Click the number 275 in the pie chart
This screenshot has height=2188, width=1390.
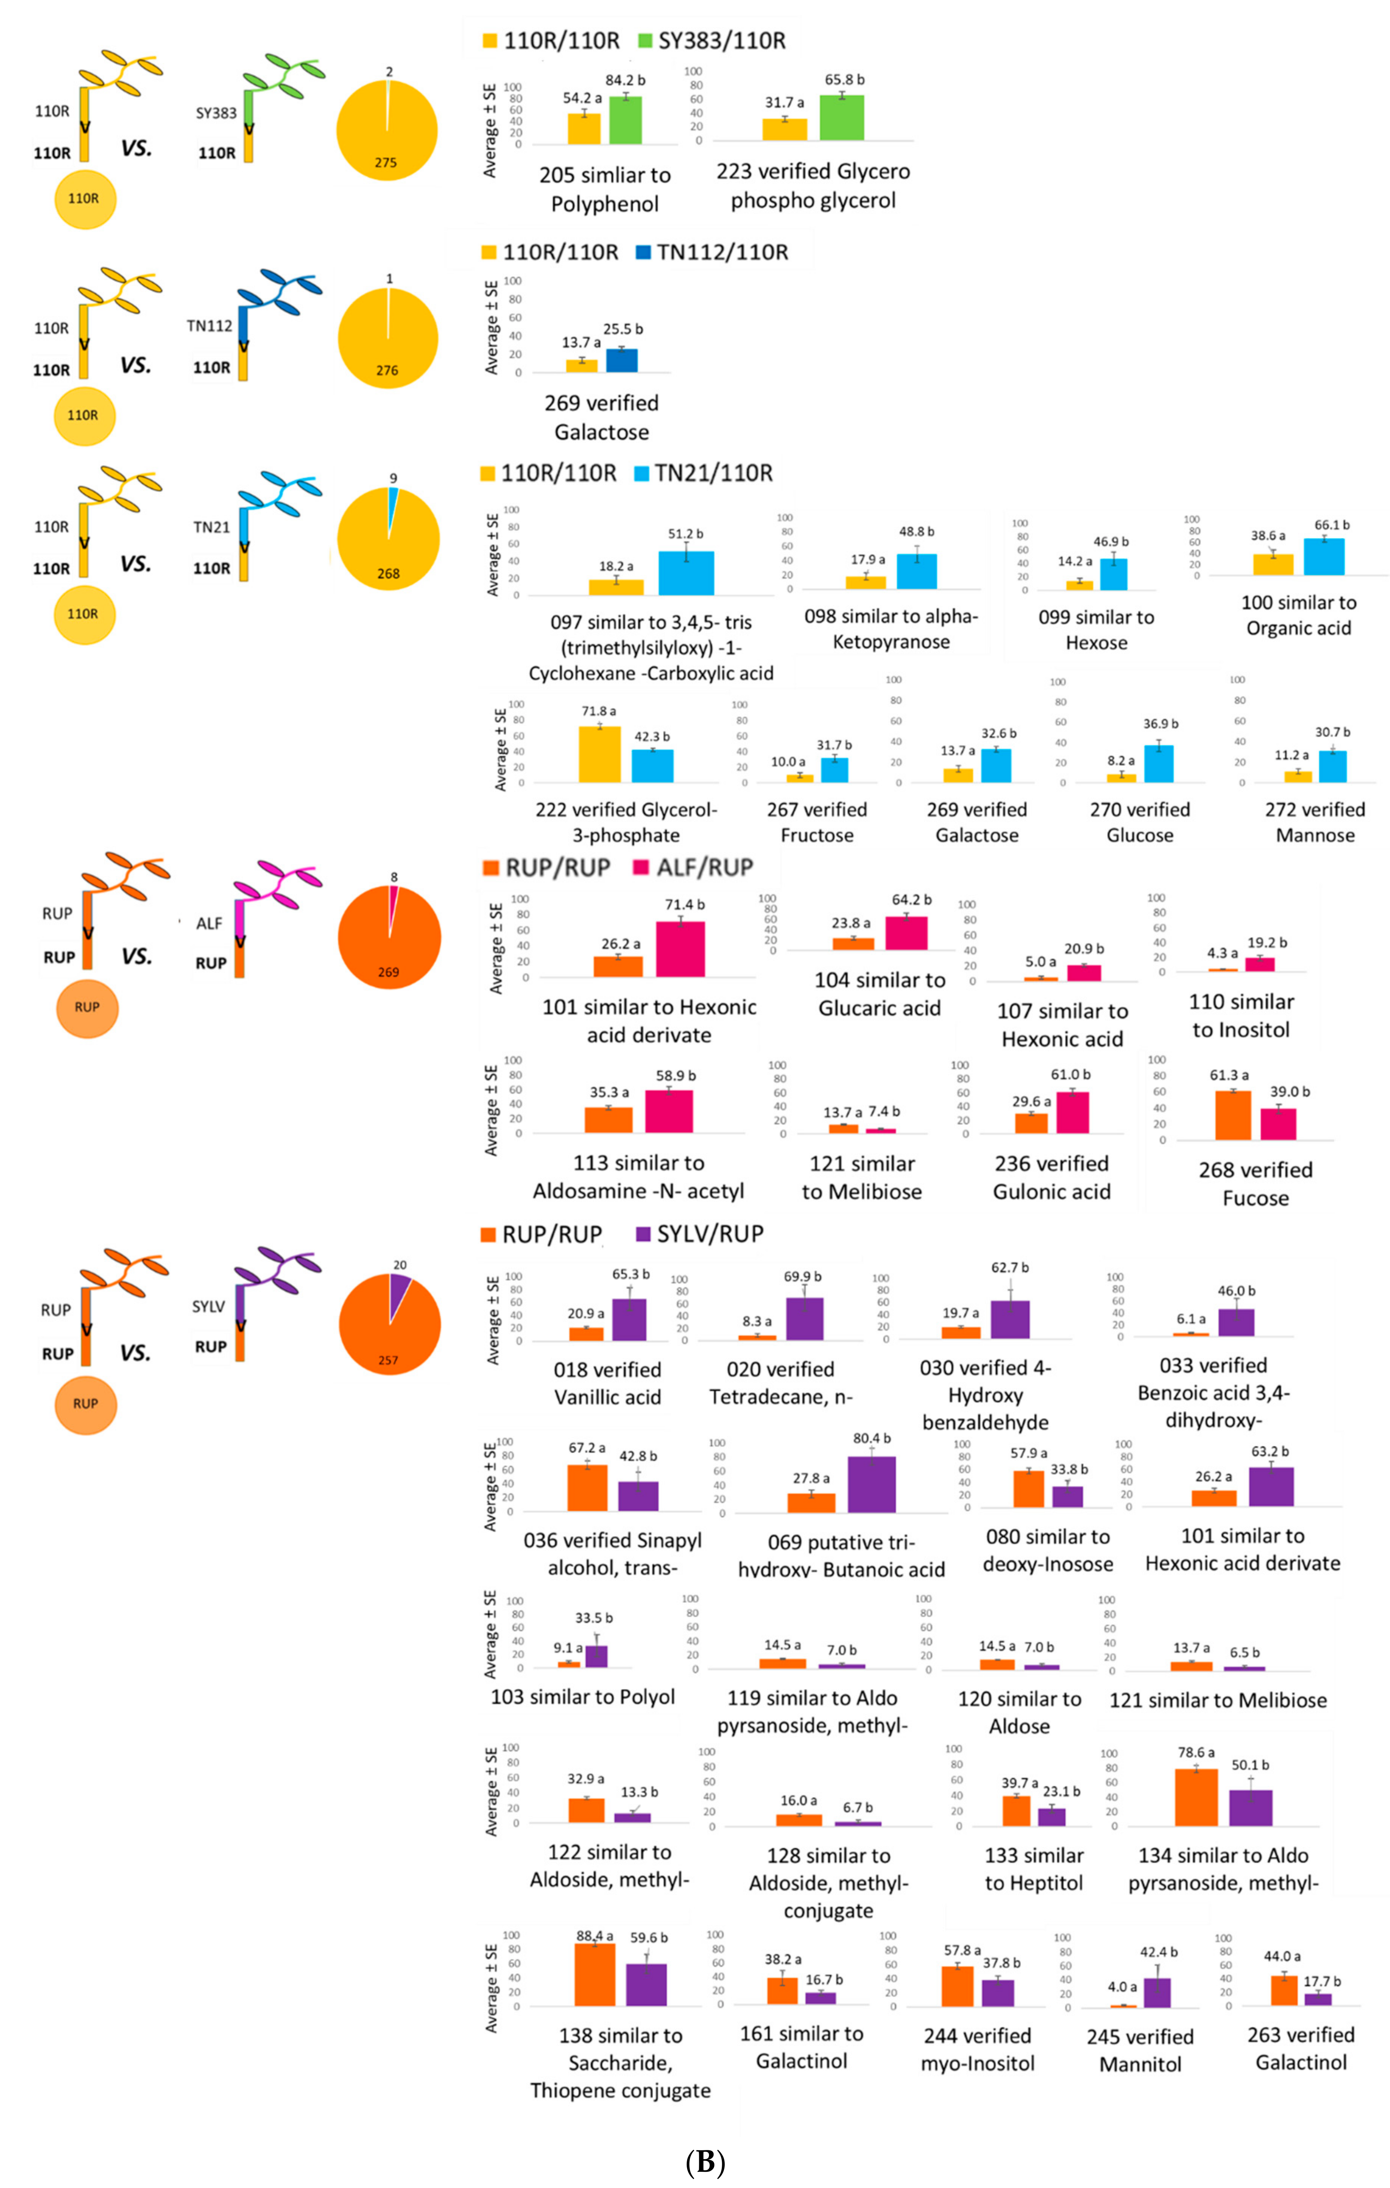pos(386,163)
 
